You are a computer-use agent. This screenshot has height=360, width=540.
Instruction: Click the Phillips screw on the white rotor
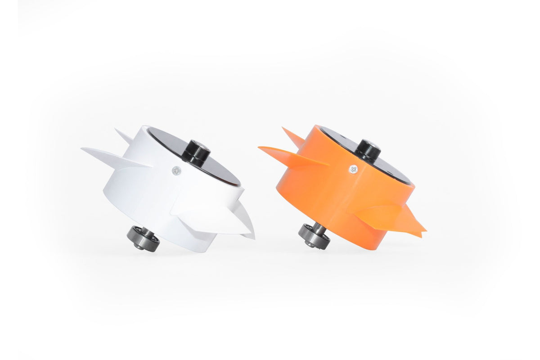pyautogui.click(x=175, y=171)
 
